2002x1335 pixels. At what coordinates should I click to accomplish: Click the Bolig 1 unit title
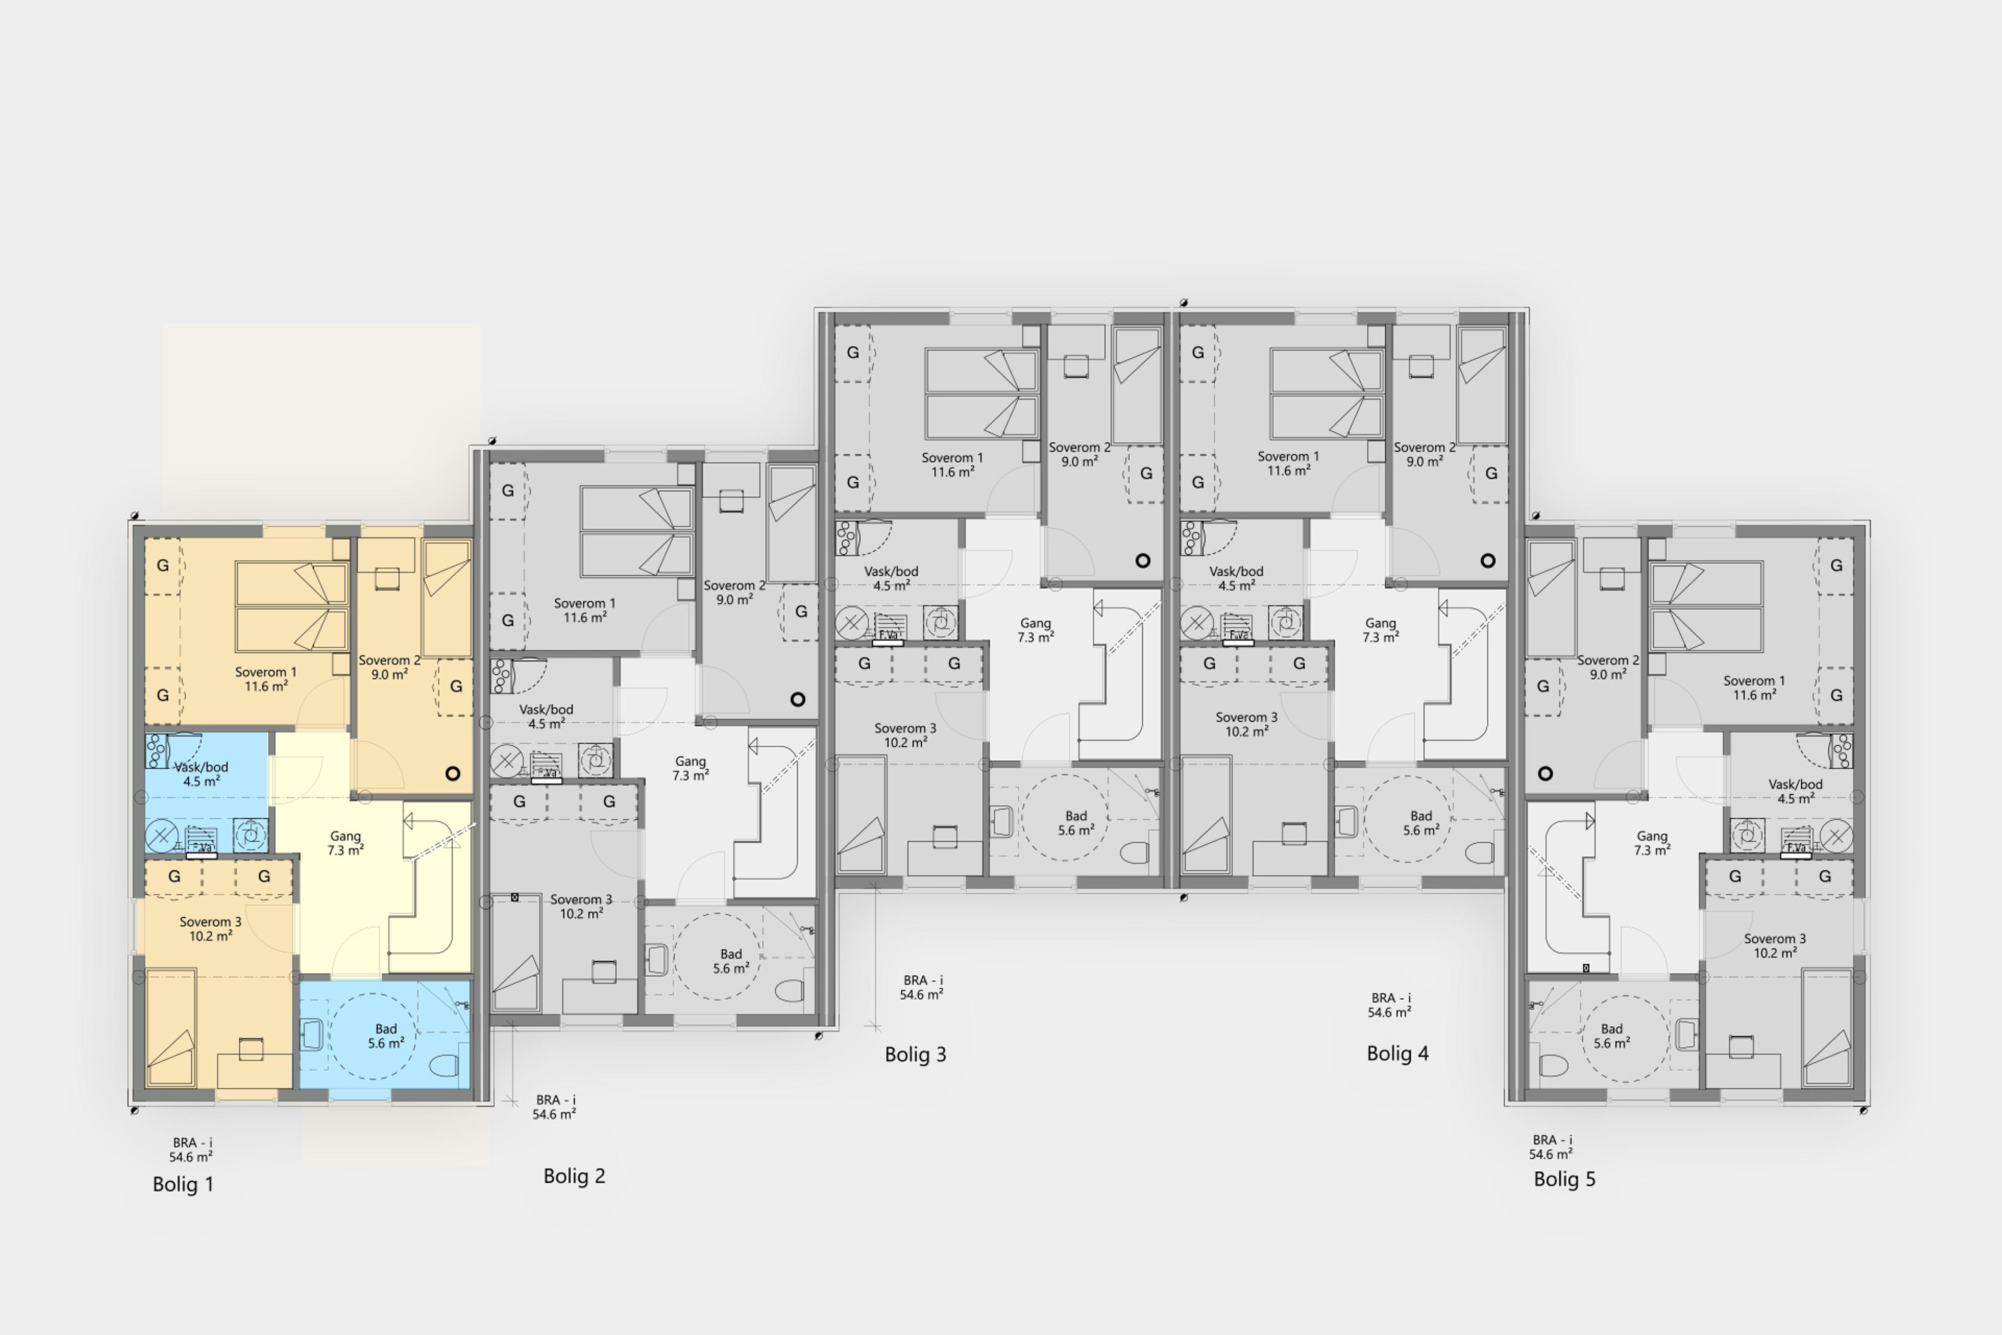tap(183, 1184)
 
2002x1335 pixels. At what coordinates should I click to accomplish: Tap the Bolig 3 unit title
tap(915, 1054)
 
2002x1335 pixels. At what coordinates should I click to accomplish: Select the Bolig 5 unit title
tap(1565, 1179)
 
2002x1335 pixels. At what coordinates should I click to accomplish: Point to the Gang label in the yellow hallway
tap(346, 836)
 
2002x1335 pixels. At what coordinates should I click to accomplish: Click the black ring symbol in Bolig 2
tap(798, 699)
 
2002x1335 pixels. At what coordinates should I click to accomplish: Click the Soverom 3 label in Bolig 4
tap(1246, 717)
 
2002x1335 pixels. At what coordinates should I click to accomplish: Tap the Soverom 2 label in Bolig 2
tap(735, 586)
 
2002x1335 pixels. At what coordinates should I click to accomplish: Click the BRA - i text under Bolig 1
tap(192, 1143)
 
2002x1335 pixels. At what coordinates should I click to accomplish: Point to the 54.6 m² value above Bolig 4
tap(1390, 1012)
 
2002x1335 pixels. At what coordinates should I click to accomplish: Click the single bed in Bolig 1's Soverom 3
tap(171, 1028)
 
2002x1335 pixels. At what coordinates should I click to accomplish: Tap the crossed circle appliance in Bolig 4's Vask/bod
tap(1197, 622)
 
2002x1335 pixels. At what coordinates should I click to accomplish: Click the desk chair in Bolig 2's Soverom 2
tap(731, 502)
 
